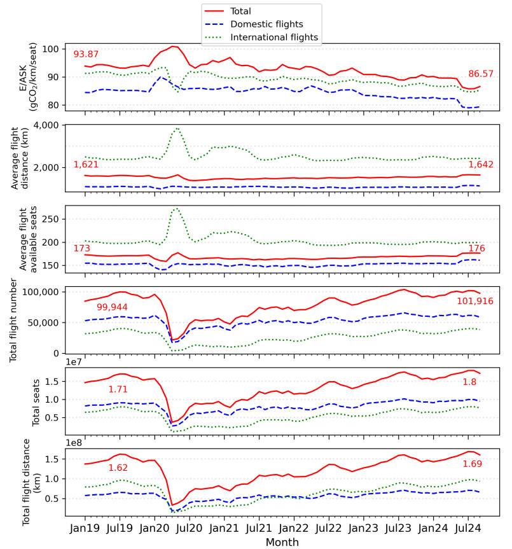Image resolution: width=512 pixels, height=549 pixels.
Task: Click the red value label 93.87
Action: tap(87, 54)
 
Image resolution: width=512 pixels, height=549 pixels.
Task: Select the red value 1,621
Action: tap(86, 164)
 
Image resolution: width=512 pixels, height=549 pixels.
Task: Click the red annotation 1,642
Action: tap(481, 164)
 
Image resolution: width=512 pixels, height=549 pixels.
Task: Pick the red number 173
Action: tap(81, 248)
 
